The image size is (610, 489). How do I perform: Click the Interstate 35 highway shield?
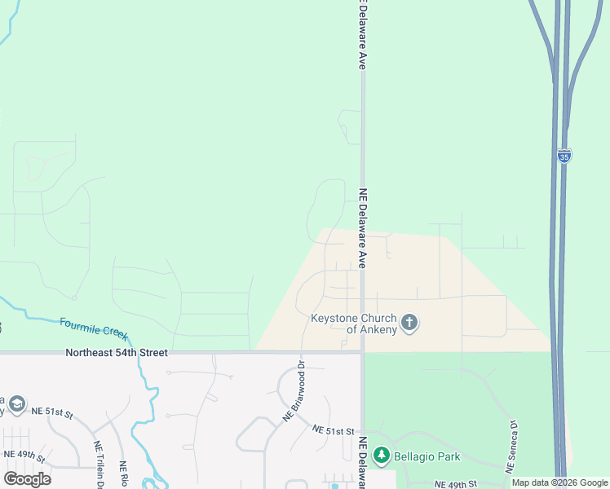pyautogui.click(x=564, y=155)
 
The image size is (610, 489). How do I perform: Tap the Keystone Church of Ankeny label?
pyautogui.click(x=353, y=324)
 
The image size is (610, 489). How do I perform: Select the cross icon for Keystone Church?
pyautogui.click(x=409, y=324)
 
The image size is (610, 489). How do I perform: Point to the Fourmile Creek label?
pyautogui.click(x=95, y=328)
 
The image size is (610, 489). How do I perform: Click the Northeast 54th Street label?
pyautogui.click(x=117, y=353)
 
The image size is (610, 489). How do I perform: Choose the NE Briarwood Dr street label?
pyautogui.click(x=294, y=391)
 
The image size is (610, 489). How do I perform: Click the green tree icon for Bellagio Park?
pyautogui.click(x=381, y=456)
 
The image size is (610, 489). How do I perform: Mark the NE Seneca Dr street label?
pyautogui.click(x=511, y=447)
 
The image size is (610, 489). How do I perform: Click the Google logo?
pyautogui.click(x=27, y=479)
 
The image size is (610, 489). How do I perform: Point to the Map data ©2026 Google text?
pyautogui.click(x=559, y=483)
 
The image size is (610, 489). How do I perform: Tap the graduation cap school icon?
pyautogui.click(x=17, y=405)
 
